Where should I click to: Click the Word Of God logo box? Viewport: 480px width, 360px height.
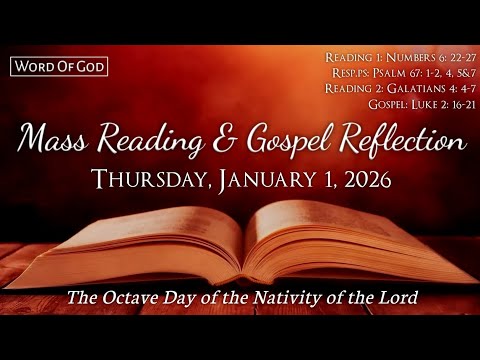(x=59, y=68)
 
